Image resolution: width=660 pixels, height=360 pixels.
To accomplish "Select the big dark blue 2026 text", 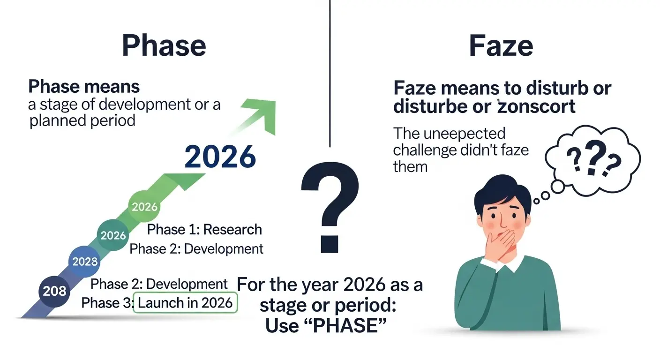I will click(220, 157).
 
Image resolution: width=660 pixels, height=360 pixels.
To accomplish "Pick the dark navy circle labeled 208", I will click(55, 291).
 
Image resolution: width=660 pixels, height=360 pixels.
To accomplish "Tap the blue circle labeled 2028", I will click(85, 262).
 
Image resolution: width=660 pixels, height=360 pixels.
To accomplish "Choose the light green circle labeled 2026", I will click(144, 207).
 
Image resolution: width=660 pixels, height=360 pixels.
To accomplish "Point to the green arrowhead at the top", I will click(263, 112).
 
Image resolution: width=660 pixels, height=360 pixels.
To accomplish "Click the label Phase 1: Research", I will click(204, 230).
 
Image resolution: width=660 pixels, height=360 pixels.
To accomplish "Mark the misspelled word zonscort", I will click(536, 107).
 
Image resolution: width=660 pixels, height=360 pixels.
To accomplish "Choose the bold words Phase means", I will click(84, 87).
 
